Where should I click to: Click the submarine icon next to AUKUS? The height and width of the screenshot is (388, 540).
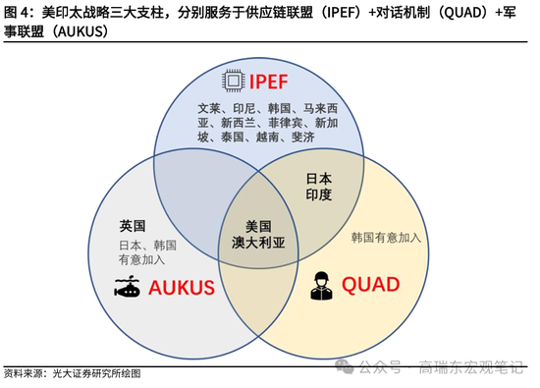tap(128, 288)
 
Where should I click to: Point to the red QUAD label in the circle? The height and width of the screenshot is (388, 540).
tap(370, 285)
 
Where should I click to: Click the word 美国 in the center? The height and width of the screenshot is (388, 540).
tap(257, 224)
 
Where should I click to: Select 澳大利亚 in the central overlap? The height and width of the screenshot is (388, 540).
tap(257, 241)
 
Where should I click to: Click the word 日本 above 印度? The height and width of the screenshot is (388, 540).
tap(318, 179)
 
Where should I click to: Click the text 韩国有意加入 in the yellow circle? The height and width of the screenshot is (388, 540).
tap(386, 239)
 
